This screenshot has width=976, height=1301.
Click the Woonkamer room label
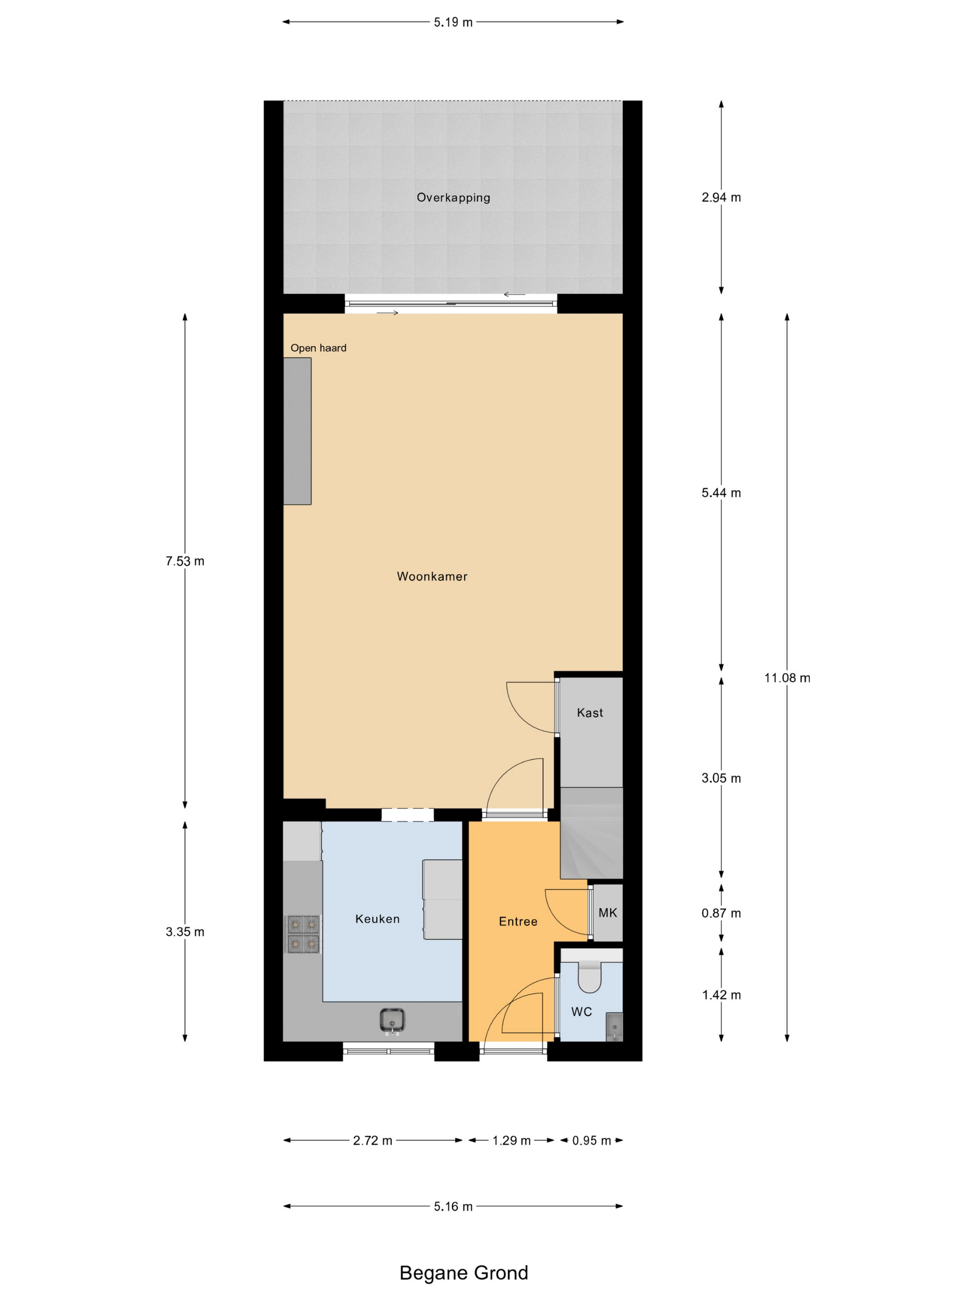(432, 577)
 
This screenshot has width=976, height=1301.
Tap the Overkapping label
(453, 197)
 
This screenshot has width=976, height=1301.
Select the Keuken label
(377, 919)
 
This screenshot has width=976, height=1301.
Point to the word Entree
(518, 922)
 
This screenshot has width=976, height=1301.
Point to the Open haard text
(318, 348)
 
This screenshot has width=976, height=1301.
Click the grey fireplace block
(297, 431)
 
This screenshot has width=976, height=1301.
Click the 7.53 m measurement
(185, 561)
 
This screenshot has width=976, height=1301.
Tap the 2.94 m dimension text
(721, 197)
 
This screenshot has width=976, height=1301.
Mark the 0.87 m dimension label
(721, 913)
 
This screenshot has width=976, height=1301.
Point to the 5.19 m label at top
(453, 22)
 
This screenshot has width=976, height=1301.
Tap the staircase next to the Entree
(591, 833)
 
